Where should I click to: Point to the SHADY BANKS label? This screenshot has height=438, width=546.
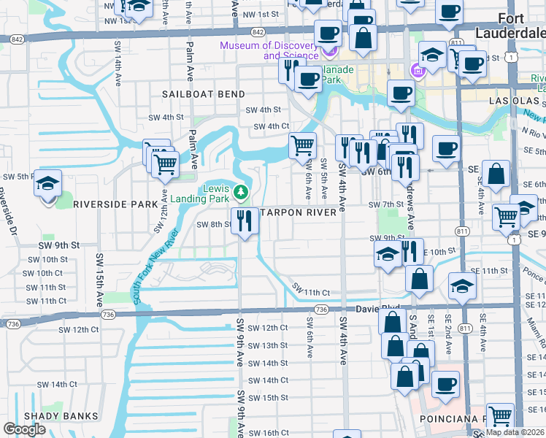(61, 416)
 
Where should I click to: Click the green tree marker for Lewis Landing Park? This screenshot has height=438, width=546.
(242, 193)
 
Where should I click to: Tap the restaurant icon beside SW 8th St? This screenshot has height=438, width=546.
(245, 220)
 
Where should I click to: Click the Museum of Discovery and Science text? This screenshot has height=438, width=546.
(270, 51)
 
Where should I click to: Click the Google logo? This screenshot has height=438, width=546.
(24, 429)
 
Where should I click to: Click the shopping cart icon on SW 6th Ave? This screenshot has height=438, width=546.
(302, 145)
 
